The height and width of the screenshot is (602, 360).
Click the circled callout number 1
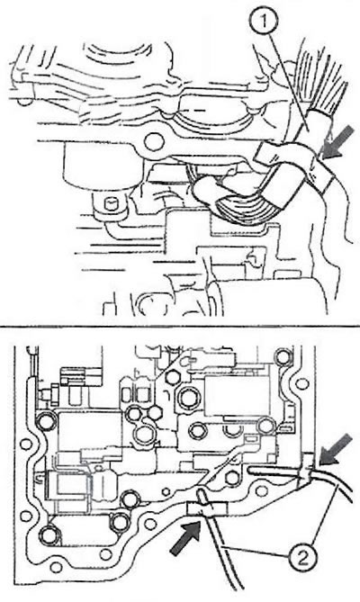pyautogui.click(x=265, y=22)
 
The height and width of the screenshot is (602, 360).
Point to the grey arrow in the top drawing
pyautogui.click(x=337, y=142)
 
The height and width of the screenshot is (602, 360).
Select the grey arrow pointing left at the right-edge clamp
pyautogui.click(x=336, y=450)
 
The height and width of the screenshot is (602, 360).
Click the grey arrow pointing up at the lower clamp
pyautogui.click(x=185, y=538)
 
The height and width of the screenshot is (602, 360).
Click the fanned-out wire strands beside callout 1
pyautogui.click(x=320, y=83)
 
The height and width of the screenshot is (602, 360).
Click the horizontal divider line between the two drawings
pyautogui.click(x=180, y=327)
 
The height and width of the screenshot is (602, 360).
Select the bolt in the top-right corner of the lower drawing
pyautogui.click(x=283, y=358)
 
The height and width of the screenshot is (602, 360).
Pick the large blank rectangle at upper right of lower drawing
pyautogui.click(x=237, y=396)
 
